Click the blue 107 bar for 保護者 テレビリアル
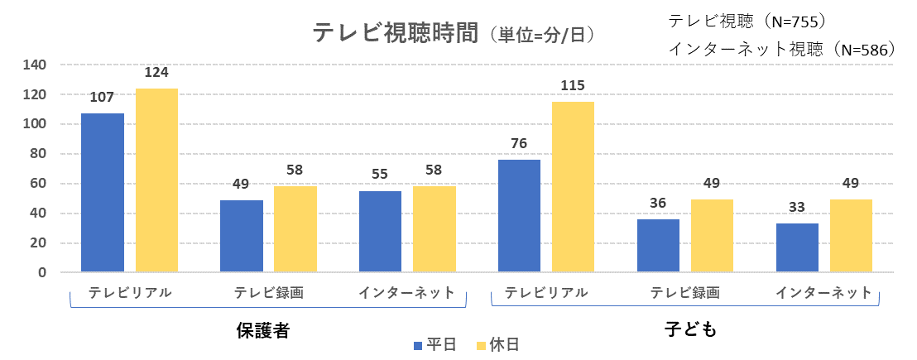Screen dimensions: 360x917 pos(103,193)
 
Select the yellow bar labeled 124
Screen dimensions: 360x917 pos(156,180)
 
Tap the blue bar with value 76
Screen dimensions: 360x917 pos(519,216)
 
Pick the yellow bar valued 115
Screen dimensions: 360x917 pos(573,187)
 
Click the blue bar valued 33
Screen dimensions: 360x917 pos(797,247)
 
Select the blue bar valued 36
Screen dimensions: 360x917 pos(658,246)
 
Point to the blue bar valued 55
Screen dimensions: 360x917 pos(381,232)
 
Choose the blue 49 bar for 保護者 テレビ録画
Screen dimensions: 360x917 pos(242,236)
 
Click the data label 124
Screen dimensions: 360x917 pos(156,73)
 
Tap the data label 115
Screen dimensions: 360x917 pos(573,86)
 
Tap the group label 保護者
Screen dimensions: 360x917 pos(262,330)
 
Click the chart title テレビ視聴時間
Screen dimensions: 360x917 pos(396,33)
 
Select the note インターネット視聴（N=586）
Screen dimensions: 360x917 pos(782,50)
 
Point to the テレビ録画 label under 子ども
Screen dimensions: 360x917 pos(685,293)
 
